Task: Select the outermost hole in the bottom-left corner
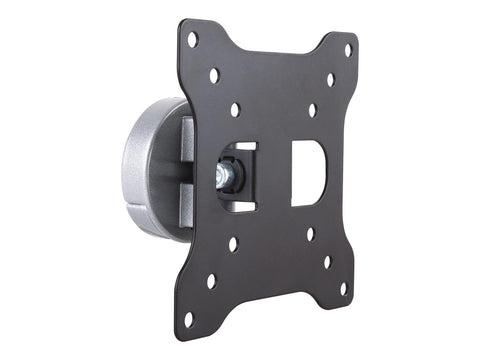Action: pyautogui.click(x=188, y=318)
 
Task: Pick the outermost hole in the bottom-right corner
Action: pyautogui.click(x=342, y=289)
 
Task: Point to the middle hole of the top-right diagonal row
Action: pyautogui.click(x=330, y=79)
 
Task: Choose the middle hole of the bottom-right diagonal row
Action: pyautogui.click(x=326, y=262)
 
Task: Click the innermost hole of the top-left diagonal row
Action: pyautogui.click(x=235, y=109)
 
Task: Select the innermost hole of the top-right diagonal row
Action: pyautogui.click(x=312, y=110)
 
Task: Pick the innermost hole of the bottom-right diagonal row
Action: pyautogui.click(x=309, y=234)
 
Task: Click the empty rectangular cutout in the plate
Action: pyautogui.click(x=307, y=171)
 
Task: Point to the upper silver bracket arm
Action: pyautogui.click(x=187, y=140)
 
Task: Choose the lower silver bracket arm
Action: pyautogui.click(x=185, y=205)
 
